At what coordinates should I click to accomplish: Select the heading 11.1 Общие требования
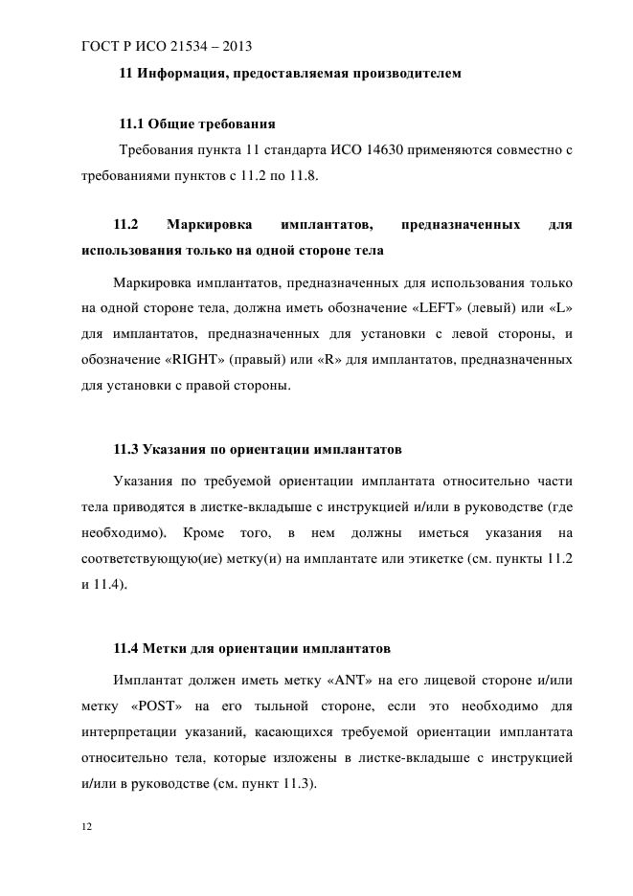point(196,124)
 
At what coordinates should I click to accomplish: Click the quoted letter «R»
point(355,361)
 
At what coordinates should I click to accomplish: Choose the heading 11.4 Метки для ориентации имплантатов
point(251,649)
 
